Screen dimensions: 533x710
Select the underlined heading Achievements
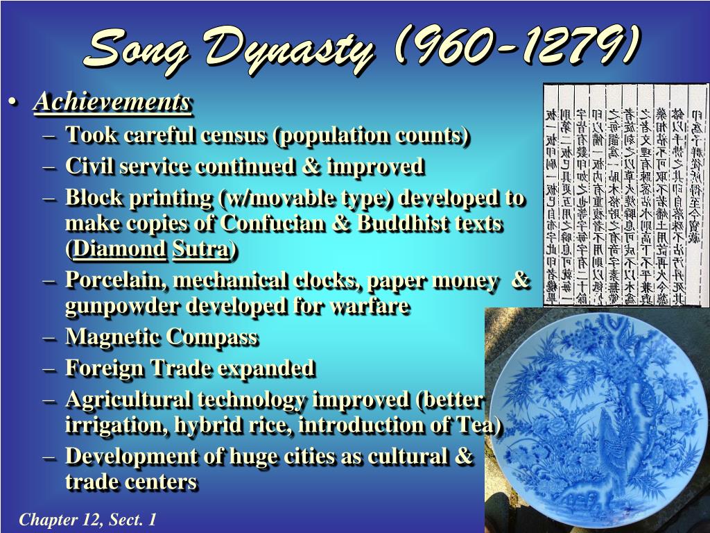[x=112, y=103]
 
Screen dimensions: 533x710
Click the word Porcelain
[x=116, y=280]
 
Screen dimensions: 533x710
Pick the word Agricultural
[x=128, y=400]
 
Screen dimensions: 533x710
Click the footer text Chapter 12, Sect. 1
[x=87, y=520]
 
